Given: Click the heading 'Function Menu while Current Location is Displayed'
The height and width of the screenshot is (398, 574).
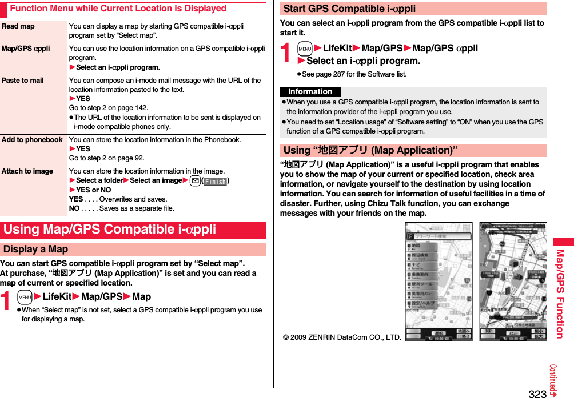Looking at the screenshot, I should pos(118,9).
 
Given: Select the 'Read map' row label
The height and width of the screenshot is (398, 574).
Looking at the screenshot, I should pos(18,26).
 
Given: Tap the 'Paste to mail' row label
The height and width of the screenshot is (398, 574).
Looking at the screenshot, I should pos(23,81).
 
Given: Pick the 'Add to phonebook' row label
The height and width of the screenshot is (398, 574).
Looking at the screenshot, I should pos(32,140).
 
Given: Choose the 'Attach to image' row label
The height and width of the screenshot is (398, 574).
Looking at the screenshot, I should pos(27,171).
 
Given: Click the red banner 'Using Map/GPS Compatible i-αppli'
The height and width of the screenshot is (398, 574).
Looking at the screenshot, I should pos(110,230).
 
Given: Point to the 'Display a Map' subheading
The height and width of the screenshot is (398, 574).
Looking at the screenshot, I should pos(35,249).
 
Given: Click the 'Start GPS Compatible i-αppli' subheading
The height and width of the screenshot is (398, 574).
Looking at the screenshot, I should pos(349,9).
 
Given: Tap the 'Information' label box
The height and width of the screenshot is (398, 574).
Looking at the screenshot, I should pos(310,92).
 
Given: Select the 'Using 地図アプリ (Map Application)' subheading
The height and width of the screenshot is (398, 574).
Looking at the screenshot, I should pos(370,150).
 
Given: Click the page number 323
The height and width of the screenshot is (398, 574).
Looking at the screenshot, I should pos(537,393).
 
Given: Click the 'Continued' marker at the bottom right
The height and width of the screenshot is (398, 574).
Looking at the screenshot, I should pos(553,380).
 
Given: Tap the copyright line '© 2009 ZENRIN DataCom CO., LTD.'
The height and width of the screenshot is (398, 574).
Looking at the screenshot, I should pos(342,337).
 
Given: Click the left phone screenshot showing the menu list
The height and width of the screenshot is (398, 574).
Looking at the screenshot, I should pos(439,282).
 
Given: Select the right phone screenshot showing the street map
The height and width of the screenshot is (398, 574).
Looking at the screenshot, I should pos(512,282).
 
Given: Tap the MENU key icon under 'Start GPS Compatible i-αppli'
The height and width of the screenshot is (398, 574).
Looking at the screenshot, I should pos(305,49).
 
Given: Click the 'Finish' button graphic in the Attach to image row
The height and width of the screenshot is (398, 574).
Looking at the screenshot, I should pos(216,181).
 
